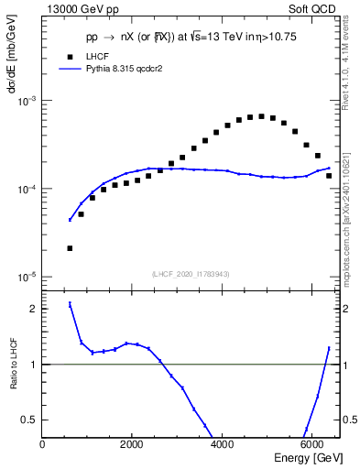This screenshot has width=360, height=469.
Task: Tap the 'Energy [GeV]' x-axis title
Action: pyautogui.click(x=297, y=457)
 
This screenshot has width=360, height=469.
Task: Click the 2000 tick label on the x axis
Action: pyautogui.click(x=132, y=444)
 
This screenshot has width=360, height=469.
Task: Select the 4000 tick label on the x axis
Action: pyautogui.click(x=222, y=444)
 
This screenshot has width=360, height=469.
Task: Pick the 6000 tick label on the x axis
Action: pyautogui.click(x=311, y=444)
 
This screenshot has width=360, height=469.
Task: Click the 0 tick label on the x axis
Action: pyautogui.click(x=42, y=444)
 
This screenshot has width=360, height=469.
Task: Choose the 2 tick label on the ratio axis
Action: pyautogui.click(x=33, y=309)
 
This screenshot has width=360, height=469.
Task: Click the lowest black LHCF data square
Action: pyautogui.click(x=70, y=248)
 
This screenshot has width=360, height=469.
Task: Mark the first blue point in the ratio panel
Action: pyautogui.click(x=70, y=304)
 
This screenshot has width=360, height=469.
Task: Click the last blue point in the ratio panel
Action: pyautogui.click(x=329, y=348)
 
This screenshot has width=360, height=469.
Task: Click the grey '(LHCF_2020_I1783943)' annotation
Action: pyautogui.click(x=191, y=275)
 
